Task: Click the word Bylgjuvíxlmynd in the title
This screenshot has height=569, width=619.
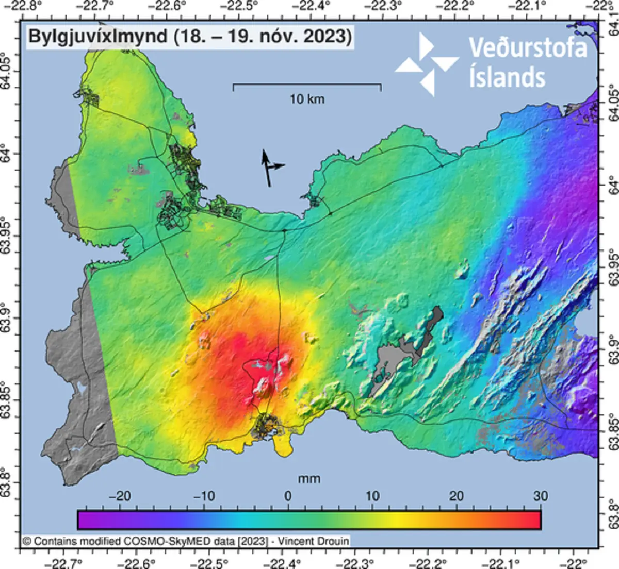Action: click(x=98, y=37)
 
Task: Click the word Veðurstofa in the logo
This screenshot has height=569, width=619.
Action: click(x=528, y=49)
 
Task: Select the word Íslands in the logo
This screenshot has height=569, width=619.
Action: click(x=507, y=77)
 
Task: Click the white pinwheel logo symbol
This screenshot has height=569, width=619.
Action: click(x=427, y=64)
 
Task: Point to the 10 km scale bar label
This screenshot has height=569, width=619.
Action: click(x=307, y=99)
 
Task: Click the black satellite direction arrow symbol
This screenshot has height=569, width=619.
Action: click(x=269, y=168)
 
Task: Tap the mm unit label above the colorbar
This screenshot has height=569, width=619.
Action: click(x=309, y=479)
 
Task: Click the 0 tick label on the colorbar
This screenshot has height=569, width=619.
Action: click(x=288, y=496)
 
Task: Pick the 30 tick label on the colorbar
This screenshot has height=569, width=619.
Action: click(x=540, y=496)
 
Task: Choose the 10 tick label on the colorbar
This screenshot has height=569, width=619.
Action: click(x=372, y=496)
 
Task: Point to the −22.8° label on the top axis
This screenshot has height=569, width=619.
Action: click(x=24, y=6)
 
